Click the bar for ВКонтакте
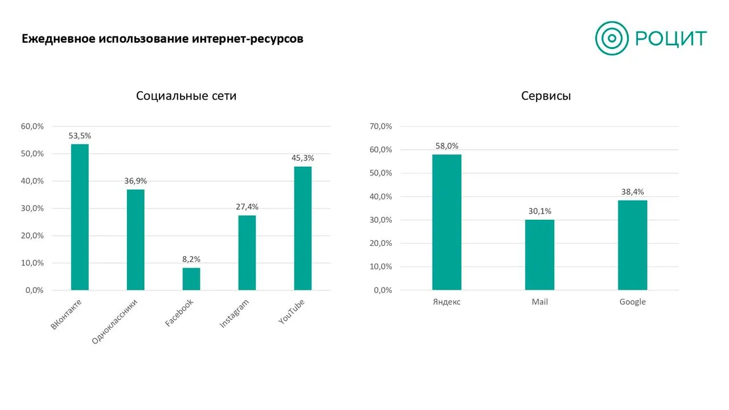tap(80, 217)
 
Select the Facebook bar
tap(191, 279)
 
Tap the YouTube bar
tap(302, 228)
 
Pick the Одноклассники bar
tap(136, 240)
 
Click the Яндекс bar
tap(447, 222)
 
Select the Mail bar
tap(539, 255)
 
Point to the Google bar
tap(632, 245)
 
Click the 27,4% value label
tap(247, 207)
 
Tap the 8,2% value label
tap(191, 259)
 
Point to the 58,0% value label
tap(447, 146)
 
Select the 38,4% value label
tap(633, 192)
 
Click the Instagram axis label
tap(234, 313)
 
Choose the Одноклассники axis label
tap(114, 321)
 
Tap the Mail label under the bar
tap(539, 302)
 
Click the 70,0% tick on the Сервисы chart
tap(381, 126)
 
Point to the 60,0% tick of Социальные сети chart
tap(32, 126)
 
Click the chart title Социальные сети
tap(186, 96)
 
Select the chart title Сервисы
tap(546, 96)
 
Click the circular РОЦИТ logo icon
tap(612, 38)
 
